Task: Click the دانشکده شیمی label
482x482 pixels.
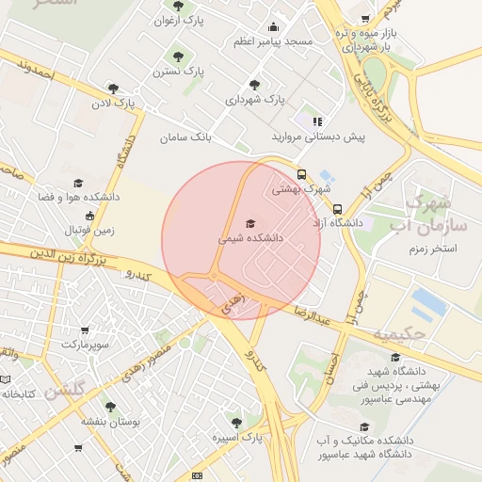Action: coord(250,239)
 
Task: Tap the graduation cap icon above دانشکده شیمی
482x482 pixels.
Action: coord(249,223)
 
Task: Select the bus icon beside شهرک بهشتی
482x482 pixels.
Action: coord(302,174)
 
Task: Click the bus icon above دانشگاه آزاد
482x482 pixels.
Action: coord(337,209)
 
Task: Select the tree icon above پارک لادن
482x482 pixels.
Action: coord(113,88)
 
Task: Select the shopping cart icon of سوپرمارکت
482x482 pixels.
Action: coord(85,330)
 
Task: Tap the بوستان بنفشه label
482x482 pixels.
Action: coord(109,423)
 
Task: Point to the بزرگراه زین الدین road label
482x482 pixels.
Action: coord(60,252)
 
